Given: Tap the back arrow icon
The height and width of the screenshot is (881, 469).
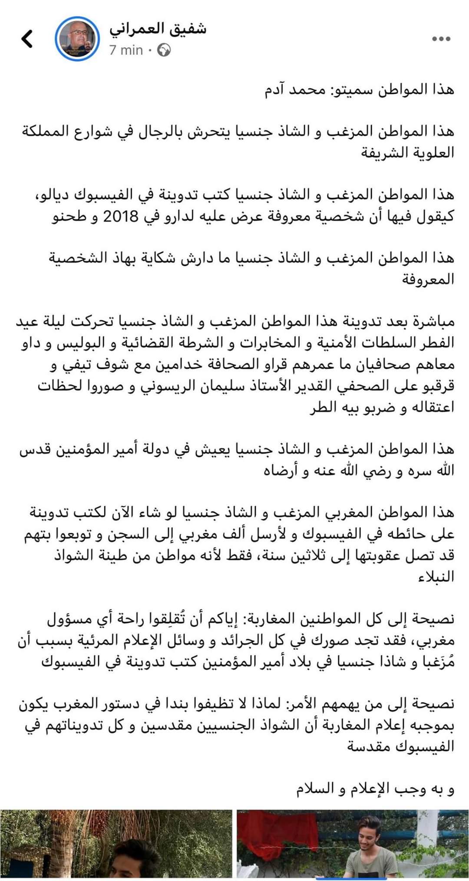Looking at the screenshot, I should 27,39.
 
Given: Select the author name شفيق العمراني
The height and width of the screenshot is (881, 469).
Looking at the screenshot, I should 158,29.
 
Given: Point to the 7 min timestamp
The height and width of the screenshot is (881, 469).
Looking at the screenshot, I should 126,50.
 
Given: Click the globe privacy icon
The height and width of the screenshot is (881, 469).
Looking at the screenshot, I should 164,51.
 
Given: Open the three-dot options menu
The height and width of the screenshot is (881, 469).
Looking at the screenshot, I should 441,39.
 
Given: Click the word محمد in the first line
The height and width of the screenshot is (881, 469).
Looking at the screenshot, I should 310,90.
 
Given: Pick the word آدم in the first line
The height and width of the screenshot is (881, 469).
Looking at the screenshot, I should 278,90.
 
